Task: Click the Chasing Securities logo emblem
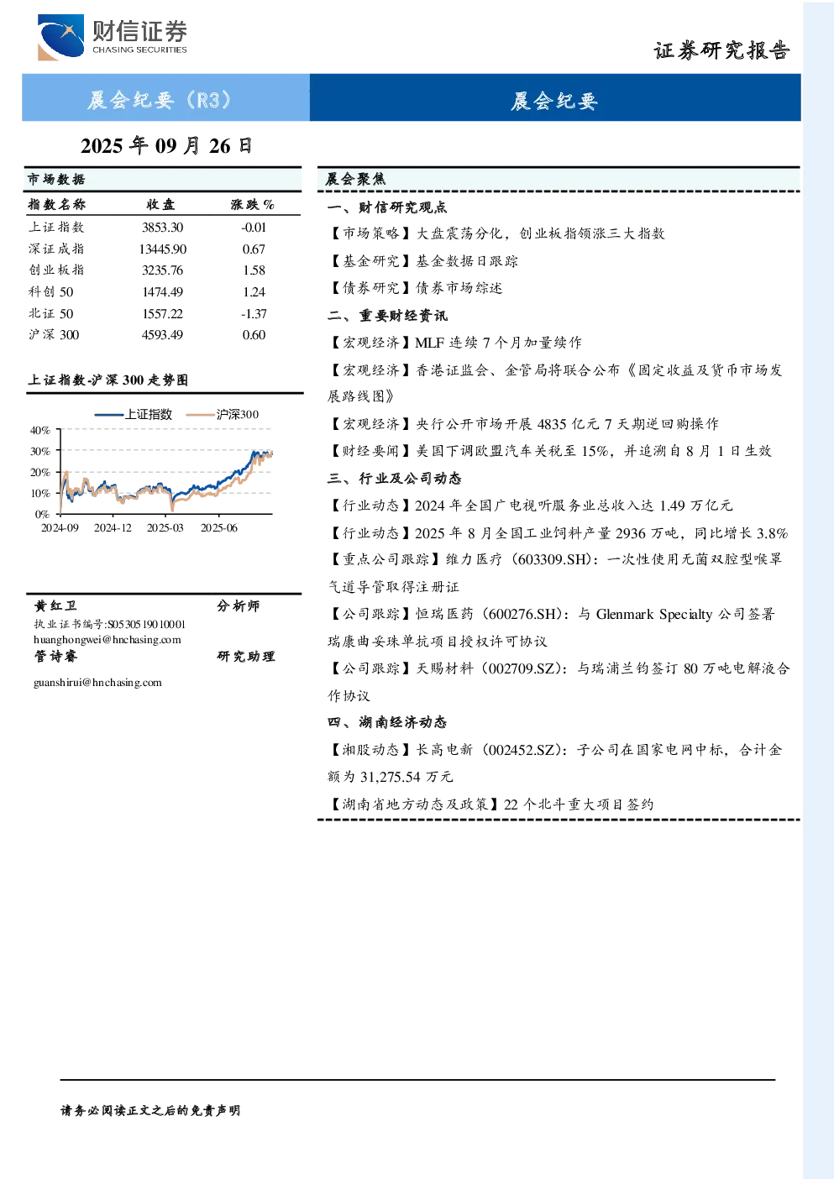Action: pyautogui.click(x=60, y=37)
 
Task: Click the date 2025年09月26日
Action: pyautogui.click(x=166, y=146)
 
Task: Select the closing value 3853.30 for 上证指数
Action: pyautogui.click(x=162, y=228)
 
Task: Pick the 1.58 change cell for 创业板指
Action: pyautogui.click(x=254, y=270)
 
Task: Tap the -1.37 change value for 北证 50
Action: pyautogui.click(x=254, y=314)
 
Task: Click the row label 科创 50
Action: pyautogui.click(x=51, y=291)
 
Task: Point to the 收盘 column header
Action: pyautogui.click(x=160, y=204)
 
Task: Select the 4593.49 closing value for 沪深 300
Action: pyautogui.click(x=162, y=335)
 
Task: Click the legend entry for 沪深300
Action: pyautogui.click(x=223, y=414)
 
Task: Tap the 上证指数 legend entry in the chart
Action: pyautogui.click(x=134, y=414)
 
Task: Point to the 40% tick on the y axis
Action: pyautogui.click(x=40, y=431)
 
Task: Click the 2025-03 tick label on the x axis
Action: pyautogui.click(x=165, y=528)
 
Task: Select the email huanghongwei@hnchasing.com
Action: pyautogui.click(x=108, y=640)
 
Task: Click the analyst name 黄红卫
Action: pyautogui.click(x=55, y=605)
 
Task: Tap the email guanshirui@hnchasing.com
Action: pyautogui.click(x=98, y=683)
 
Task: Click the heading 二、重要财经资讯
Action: pyautogui.click(x=387, y=316)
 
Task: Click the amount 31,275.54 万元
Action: pyautogui.click(x=407, y=777)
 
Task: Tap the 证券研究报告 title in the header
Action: pyautogui.click(x=721, y=51)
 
